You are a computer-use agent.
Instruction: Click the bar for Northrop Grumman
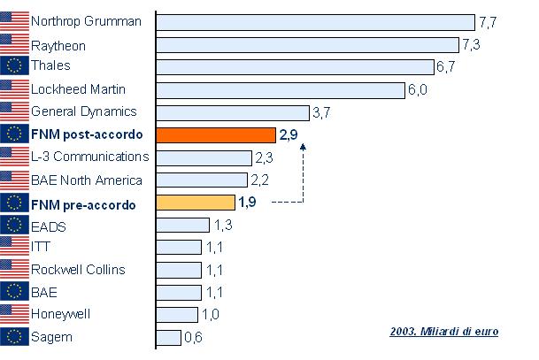point(315,22)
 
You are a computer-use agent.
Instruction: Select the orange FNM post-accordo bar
point(216,135)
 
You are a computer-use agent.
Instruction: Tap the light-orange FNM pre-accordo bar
point(196,203)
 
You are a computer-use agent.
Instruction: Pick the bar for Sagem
point(168,337)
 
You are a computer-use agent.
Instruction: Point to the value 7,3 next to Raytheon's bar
point(470,44)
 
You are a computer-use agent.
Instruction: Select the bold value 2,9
point(289,135)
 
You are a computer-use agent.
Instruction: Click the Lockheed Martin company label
point(78,89)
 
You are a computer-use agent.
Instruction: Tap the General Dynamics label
point(83,111)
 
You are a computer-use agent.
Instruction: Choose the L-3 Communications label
point(89,157)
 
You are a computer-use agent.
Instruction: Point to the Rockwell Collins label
point(77,269)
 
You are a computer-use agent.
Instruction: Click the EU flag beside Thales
point(14,66)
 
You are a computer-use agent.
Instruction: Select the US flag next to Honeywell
point(14,314)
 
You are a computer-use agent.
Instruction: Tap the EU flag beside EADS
point(14,225)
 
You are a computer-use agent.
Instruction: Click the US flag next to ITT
point(14,247)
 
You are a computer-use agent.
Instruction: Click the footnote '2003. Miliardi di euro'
point(443,332)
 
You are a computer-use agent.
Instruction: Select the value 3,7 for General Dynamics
point(322,112)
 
